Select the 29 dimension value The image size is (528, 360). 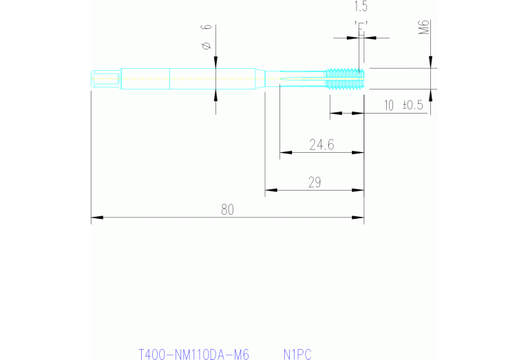pyautogui.click(x=315, y=182)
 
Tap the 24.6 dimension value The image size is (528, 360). pyautogui.click(x=321, y=145)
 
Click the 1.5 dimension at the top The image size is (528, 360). pyautogui.click(x=361, y=7)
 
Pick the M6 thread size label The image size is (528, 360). pyautogui.click(x=425, y=28)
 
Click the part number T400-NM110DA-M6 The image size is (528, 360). pyautogui.click(x=193, y=355)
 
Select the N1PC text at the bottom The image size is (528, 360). pyautogui.click(x=297, y=355)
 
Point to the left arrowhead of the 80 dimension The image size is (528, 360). pyautogui.click(x=96, y=218)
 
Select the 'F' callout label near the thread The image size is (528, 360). pyautogui.click(x=361, y=26)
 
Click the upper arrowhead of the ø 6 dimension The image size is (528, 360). pyautogui.click(x=215, y=64)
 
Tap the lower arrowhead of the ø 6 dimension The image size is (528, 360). pyautogui.click(x=215, y=94)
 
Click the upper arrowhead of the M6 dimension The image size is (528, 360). pyautogui.click(x=430, y=64)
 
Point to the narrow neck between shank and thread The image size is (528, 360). pyautogui.click(x=296, y=78)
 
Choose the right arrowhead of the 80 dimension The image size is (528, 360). pyautogui.click(x=359, y=218)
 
